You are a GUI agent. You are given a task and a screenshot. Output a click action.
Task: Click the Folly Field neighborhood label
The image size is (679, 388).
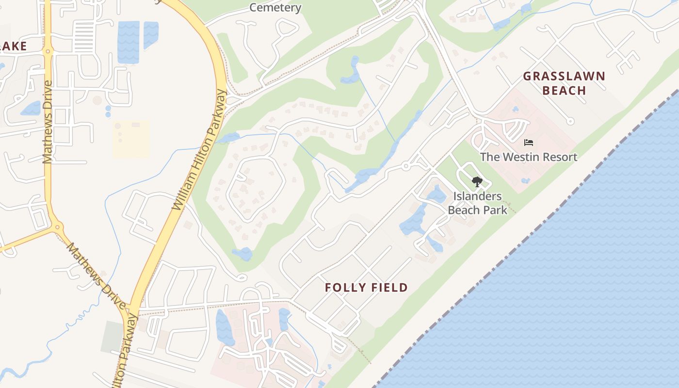click(x=366, y=288)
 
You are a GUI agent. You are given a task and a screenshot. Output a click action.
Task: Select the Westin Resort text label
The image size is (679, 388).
click(x=529, y=157)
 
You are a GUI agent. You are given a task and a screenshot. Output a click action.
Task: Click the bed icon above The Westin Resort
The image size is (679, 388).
click(x=529, y=143)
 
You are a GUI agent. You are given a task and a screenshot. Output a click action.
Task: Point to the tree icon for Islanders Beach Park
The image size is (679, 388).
click(x=477, y=182)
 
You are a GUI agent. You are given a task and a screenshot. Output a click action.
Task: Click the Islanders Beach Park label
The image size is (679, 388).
click(x=477, y=203)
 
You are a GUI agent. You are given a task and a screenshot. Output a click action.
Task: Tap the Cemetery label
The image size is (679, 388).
click(x=275, y=7)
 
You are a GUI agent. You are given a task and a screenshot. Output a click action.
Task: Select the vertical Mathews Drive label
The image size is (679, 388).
click(x=47, y=122)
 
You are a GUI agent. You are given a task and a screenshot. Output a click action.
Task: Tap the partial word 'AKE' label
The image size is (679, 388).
click(x=13, y=46)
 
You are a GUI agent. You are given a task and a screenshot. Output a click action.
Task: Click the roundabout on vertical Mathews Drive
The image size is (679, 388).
click(x=48, y=50)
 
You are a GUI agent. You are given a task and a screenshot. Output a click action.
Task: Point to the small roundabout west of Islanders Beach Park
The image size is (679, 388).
click(x=406, y=166)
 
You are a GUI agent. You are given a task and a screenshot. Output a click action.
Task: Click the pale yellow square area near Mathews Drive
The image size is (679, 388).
click(x=131, y=139)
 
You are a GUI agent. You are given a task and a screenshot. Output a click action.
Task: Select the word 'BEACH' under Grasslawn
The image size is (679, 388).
click(x=564, y=90)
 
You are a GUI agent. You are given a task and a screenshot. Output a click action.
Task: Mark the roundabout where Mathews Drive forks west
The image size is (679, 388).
click(x=58, y=226)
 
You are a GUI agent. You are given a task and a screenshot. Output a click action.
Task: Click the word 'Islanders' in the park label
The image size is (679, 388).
click(x=477, y=196)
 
